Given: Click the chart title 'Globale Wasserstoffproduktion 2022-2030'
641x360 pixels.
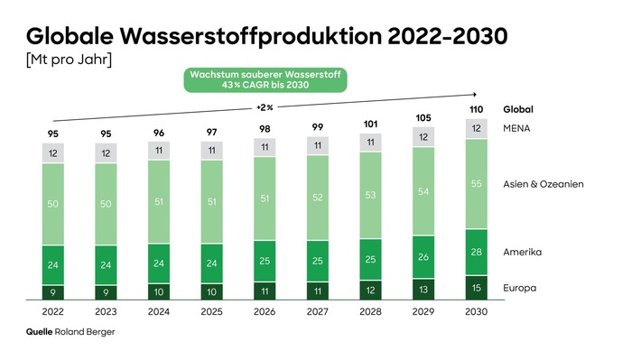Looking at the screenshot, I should click(266, 37).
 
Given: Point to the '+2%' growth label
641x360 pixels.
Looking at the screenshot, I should click(265, 107).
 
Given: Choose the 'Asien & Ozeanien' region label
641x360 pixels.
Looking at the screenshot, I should click(543, 184).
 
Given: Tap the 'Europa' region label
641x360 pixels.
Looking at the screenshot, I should click(520, 288).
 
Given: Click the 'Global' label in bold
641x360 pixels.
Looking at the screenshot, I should click(518, 109).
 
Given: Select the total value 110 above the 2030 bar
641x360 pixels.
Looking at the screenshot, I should click(477, 108).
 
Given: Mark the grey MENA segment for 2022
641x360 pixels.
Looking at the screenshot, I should click(52, 153).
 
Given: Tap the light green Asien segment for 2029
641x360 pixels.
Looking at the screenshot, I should click(423, 191).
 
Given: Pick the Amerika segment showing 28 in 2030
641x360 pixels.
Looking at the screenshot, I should click(477, 252).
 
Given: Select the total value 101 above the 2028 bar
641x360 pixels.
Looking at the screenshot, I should click(370, 123).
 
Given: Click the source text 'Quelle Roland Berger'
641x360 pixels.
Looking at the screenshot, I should click(70, 332).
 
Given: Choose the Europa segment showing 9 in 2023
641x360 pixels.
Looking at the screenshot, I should click(106, 291).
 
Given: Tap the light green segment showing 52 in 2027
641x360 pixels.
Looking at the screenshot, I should click(318, 198).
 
